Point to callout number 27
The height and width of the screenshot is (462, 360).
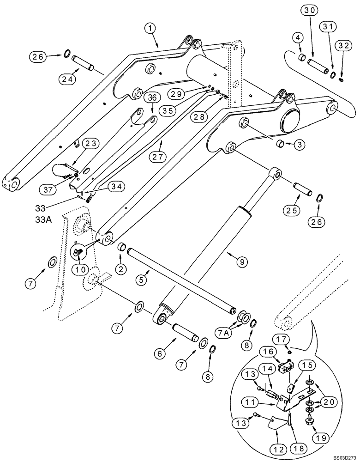tap(157, 156)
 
